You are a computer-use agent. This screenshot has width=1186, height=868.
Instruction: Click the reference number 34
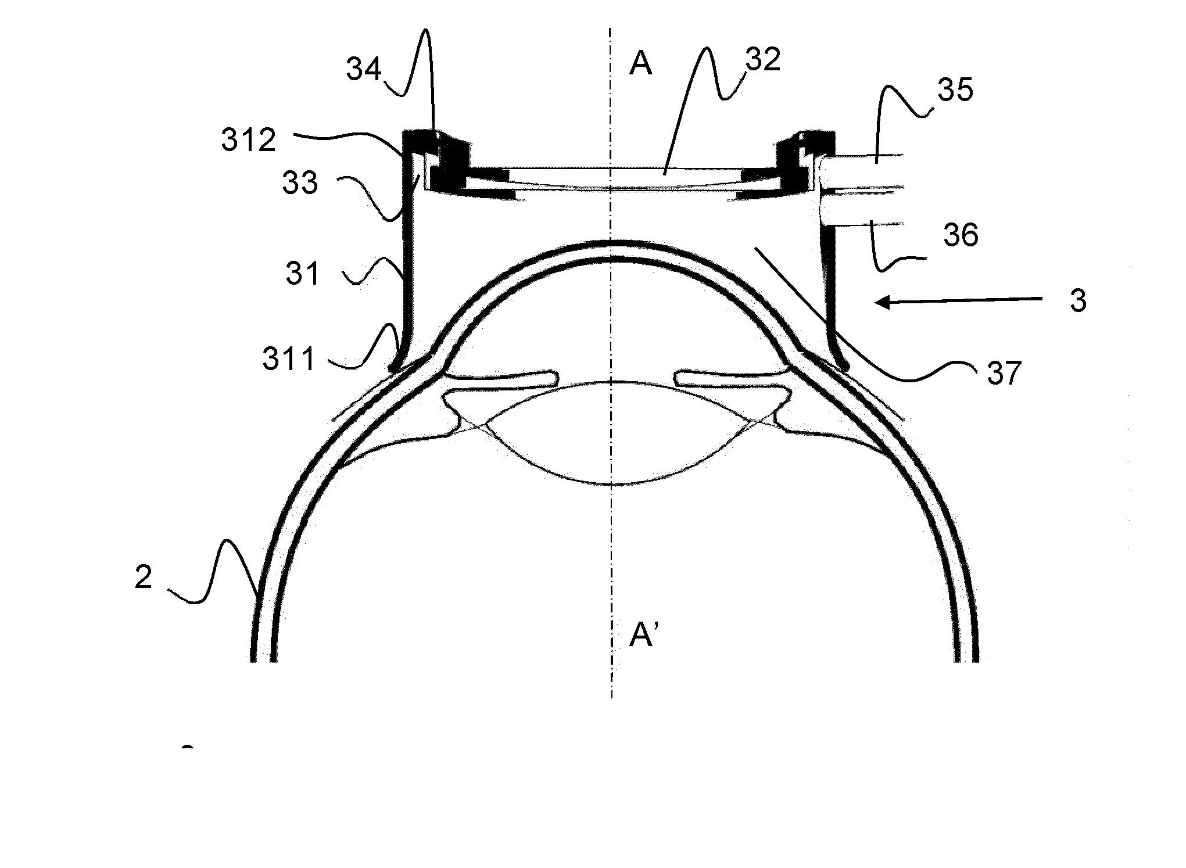click(364, 70)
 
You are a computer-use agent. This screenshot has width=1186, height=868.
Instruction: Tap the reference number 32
click(762, 60)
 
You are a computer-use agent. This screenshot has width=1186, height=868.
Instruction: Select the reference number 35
click(955, 91)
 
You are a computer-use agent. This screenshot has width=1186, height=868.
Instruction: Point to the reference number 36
click(961, 235)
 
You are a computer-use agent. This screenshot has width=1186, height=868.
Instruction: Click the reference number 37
click(1004, 373)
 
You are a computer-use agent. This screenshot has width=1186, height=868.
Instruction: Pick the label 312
click(249, 141)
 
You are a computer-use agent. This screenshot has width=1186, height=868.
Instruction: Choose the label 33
click(300, 184)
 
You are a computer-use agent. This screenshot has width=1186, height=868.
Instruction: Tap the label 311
click(289, 360)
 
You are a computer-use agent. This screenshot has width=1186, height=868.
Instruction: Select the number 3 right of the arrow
click(1078, 302)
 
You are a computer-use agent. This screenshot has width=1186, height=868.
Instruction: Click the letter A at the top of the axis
click(641, 64)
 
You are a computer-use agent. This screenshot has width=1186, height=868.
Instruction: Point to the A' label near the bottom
click(644, 636)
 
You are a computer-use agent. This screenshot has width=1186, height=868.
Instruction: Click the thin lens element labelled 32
click(610, 178)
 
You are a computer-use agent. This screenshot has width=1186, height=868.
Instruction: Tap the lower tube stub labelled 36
click(860, 210)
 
